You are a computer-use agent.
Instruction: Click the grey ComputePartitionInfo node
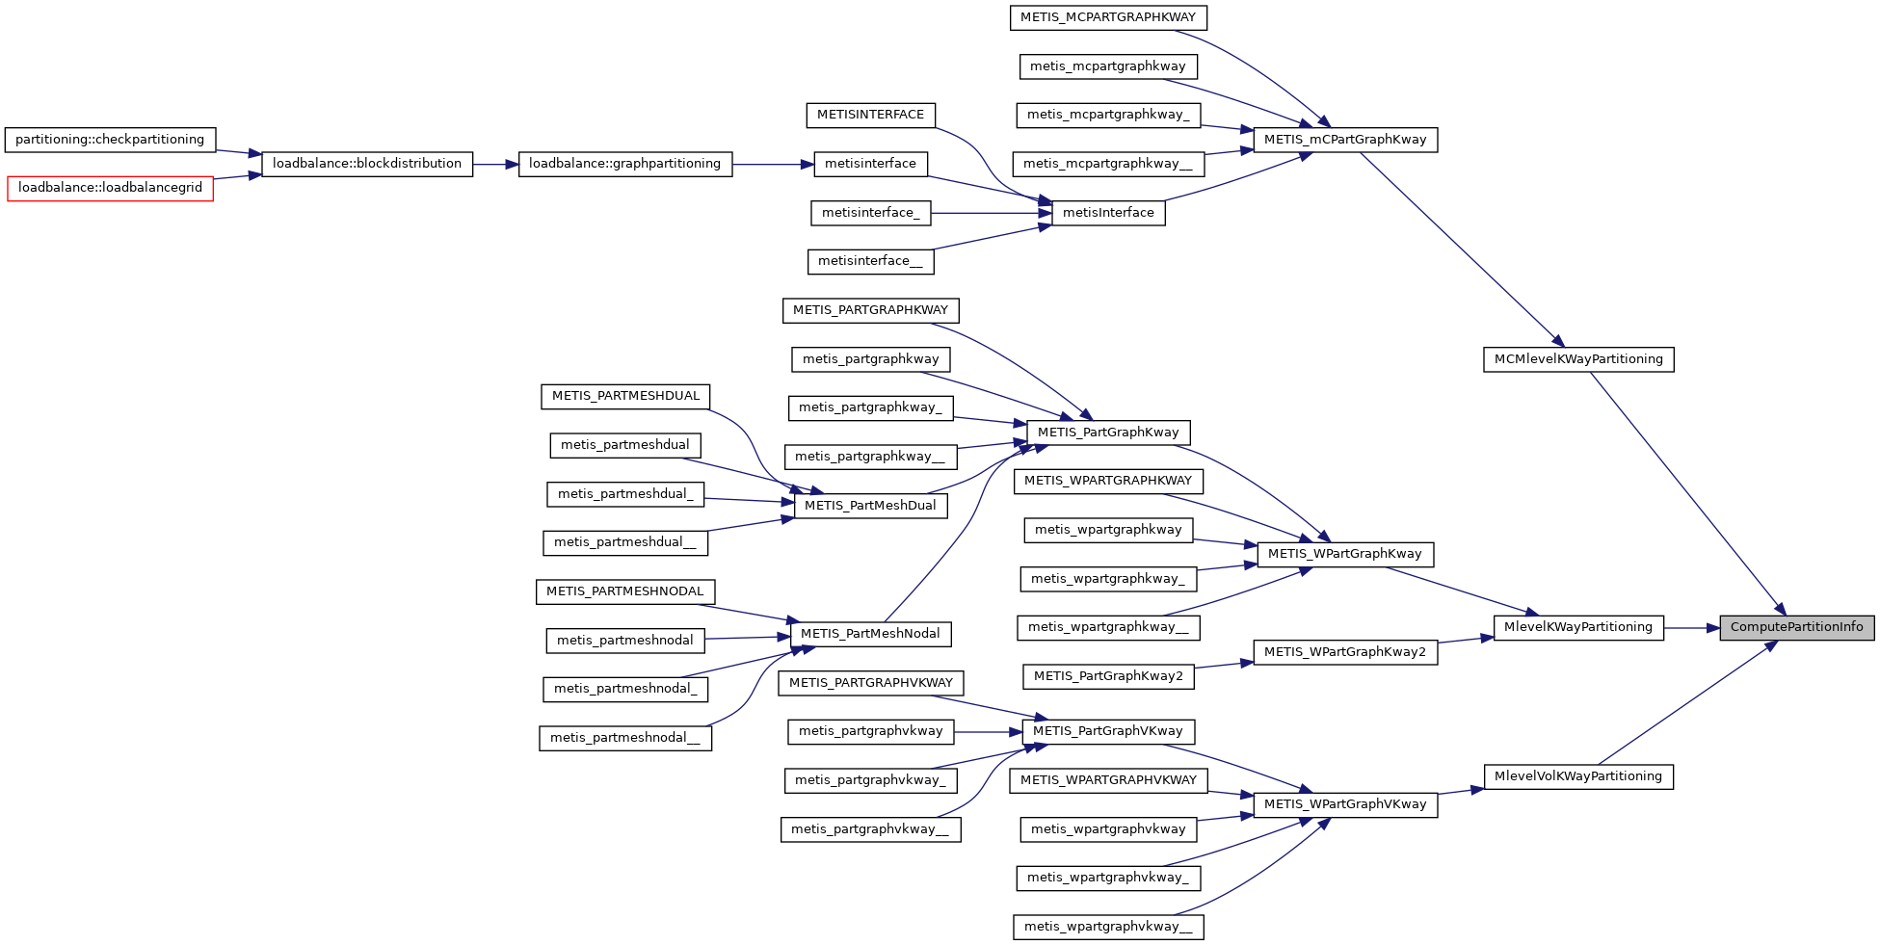coord(1797,627)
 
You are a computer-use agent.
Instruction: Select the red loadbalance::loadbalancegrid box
coord(110,188)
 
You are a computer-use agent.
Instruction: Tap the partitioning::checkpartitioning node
coord(110,140)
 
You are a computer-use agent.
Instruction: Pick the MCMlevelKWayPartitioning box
coord(1578,359)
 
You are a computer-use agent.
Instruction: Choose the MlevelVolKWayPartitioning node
coord(1578,776)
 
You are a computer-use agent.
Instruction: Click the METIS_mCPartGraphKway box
coord(1345,140)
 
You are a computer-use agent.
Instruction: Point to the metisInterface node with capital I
coord(1108,213)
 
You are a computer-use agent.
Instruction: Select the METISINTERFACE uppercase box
coord(870,115)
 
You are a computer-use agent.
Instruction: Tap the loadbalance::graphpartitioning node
coord(624,164)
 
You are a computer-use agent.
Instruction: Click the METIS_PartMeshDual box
coord(870,506)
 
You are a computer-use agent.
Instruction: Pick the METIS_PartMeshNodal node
coord(870,634)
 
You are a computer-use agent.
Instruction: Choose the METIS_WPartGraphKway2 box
coord(1345,652)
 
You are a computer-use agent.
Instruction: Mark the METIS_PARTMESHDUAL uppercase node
coord(625,396)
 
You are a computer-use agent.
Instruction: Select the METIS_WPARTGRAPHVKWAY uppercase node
coord(1108,780)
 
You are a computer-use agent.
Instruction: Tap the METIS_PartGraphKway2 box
coord(1108,676)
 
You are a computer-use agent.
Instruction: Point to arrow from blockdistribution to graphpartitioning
coord(495,165)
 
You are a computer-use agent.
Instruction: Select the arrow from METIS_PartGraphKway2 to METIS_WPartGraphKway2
coord(1224,665)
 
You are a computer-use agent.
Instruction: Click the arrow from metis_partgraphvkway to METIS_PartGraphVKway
coord(988,732)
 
